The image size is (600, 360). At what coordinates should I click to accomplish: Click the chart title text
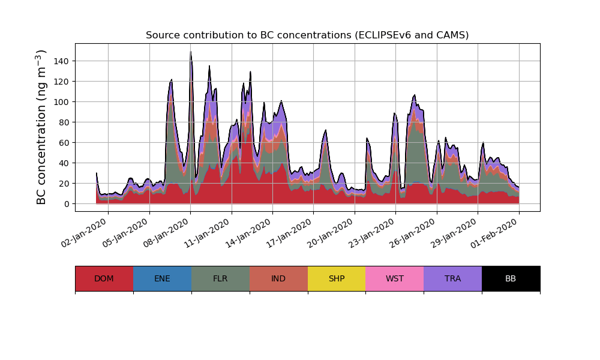(307, 35)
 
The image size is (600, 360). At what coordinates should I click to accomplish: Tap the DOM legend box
(104, 278)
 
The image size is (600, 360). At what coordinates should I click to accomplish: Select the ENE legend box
(162, 278)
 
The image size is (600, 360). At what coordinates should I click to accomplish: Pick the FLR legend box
(220, 278)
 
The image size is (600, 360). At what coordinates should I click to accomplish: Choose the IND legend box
(278, 278)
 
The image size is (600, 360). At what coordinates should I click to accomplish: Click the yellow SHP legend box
(337, 278)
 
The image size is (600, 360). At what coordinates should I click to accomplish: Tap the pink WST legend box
(395, 278)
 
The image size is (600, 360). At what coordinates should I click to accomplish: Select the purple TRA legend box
(453, 278)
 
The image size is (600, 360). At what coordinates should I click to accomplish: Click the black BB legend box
(511, 278)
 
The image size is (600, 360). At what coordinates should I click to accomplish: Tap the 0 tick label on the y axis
(67, 204)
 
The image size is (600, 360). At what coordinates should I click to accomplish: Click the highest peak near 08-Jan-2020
(191, 52)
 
